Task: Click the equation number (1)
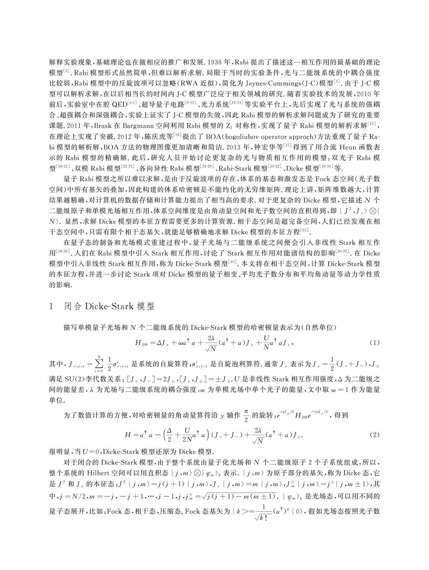click(x=375, y=343)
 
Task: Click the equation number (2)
click(x=375, y=435)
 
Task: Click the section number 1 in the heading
click(x=51, y=307)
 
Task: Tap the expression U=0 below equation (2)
click(x=93, y=452)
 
